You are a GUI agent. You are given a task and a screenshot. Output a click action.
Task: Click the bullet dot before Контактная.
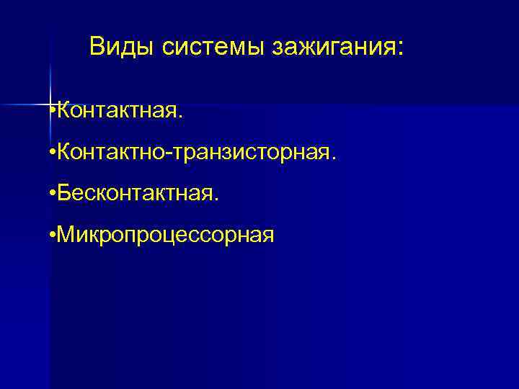[x=53, y=112]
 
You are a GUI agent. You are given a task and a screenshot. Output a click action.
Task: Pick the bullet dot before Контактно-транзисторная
[x=53, y=153]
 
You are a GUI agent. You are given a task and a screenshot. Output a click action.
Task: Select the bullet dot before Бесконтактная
[x=53, y=193]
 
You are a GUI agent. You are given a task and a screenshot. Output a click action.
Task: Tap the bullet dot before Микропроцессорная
[x=53, y=234]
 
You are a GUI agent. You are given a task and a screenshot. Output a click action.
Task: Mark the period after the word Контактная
[x=182, y=117]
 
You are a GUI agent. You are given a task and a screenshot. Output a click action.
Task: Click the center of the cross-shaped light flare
[x=51, y=105]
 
